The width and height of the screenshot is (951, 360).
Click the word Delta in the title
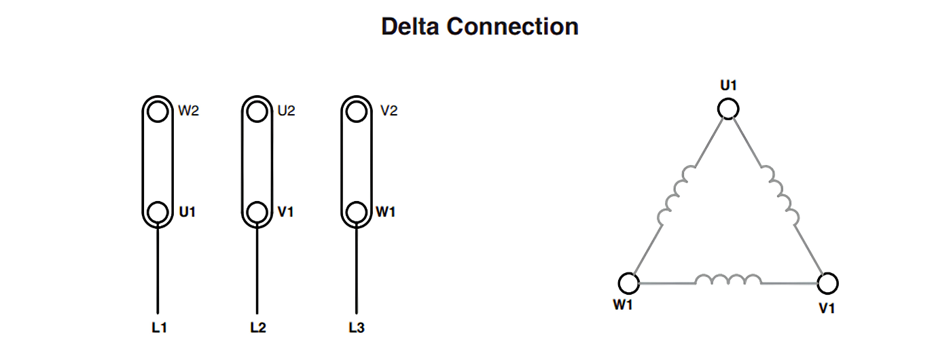click(410, 26)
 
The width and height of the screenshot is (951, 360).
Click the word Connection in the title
click(512, 26)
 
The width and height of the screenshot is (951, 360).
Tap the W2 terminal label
click(189, 111)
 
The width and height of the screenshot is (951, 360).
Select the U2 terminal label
click(286, 111)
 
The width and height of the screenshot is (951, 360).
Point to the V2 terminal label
click(389, 111)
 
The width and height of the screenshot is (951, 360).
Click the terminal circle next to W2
click(158, 111)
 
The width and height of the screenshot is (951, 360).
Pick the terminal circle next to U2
click(257, 111)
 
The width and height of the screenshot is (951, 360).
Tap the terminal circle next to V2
click(356, 111)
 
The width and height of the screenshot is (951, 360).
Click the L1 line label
click(159, 327)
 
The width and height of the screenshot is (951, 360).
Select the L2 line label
click(257, 327)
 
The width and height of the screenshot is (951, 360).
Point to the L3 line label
click(357, 327)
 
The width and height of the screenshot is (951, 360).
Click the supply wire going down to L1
click(158, 268)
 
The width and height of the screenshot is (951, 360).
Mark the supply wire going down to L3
click(356, 268)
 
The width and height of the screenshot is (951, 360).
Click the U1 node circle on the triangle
click(728, 109)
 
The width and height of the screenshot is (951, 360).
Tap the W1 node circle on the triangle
click(629, 283)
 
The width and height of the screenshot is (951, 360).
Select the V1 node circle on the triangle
click(827, 283)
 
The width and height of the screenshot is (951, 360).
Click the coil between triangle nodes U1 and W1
click(677, 195)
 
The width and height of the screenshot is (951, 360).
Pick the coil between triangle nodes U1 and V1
click(780, 195)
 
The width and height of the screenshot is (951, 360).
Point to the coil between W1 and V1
click(728, 279)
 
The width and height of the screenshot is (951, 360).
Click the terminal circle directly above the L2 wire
click(257, 212)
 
